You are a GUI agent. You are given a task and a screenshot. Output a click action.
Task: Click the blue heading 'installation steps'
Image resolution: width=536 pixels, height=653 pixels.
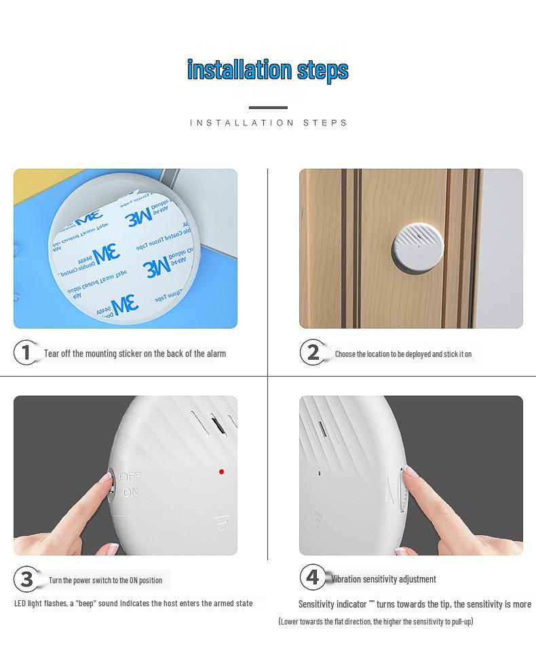click(267, 70)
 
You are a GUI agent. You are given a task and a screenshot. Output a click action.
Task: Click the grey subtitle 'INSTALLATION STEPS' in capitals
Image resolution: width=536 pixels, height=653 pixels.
click(268, 123)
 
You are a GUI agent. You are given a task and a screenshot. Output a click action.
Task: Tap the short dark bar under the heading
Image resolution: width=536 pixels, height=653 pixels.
click(268, 108)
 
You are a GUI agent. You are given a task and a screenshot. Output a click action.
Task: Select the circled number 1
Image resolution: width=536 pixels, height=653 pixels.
click(26, 353)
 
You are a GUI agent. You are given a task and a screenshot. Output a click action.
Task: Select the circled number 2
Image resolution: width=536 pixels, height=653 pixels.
click(312, 353)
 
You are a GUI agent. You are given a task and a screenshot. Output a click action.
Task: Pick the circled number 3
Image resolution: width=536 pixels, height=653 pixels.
click(26, 579)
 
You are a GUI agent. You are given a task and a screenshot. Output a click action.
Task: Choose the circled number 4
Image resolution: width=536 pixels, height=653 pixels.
click(312, 578)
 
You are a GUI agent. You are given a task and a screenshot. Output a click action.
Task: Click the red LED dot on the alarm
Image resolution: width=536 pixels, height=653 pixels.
click(221, 471)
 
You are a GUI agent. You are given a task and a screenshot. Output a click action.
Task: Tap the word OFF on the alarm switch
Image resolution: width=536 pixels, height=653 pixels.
click(130, 478)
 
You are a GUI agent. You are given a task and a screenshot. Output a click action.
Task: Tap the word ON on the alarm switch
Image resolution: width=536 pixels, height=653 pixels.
click(130, 493)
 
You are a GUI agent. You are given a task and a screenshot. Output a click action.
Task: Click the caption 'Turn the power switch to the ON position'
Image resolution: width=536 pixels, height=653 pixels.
click(105, 581)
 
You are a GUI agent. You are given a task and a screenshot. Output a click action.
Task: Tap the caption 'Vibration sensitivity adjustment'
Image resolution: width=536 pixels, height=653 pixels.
click(383, 579)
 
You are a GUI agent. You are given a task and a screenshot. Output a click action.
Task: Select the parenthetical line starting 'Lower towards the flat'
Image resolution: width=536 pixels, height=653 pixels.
click(375, 621)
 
